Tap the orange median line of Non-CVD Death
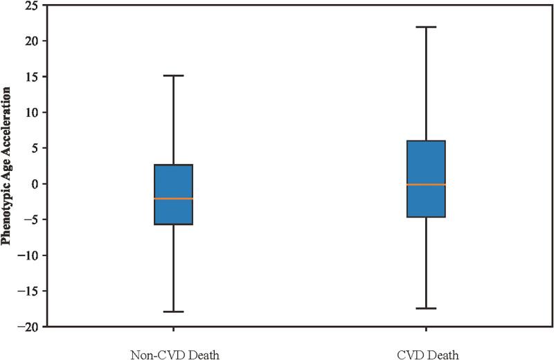(x=172, y=199)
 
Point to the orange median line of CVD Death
(x=425, y=185)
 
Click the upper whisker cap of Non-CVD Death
(x=172, y=75)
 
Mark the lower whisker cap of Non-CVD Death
(x=172, y=312)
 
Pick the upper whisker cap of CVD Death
(x=425, y=27)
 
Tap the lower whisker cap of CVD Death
(x=425, y=308)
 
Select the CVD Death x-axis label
(x=427, y=354)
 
